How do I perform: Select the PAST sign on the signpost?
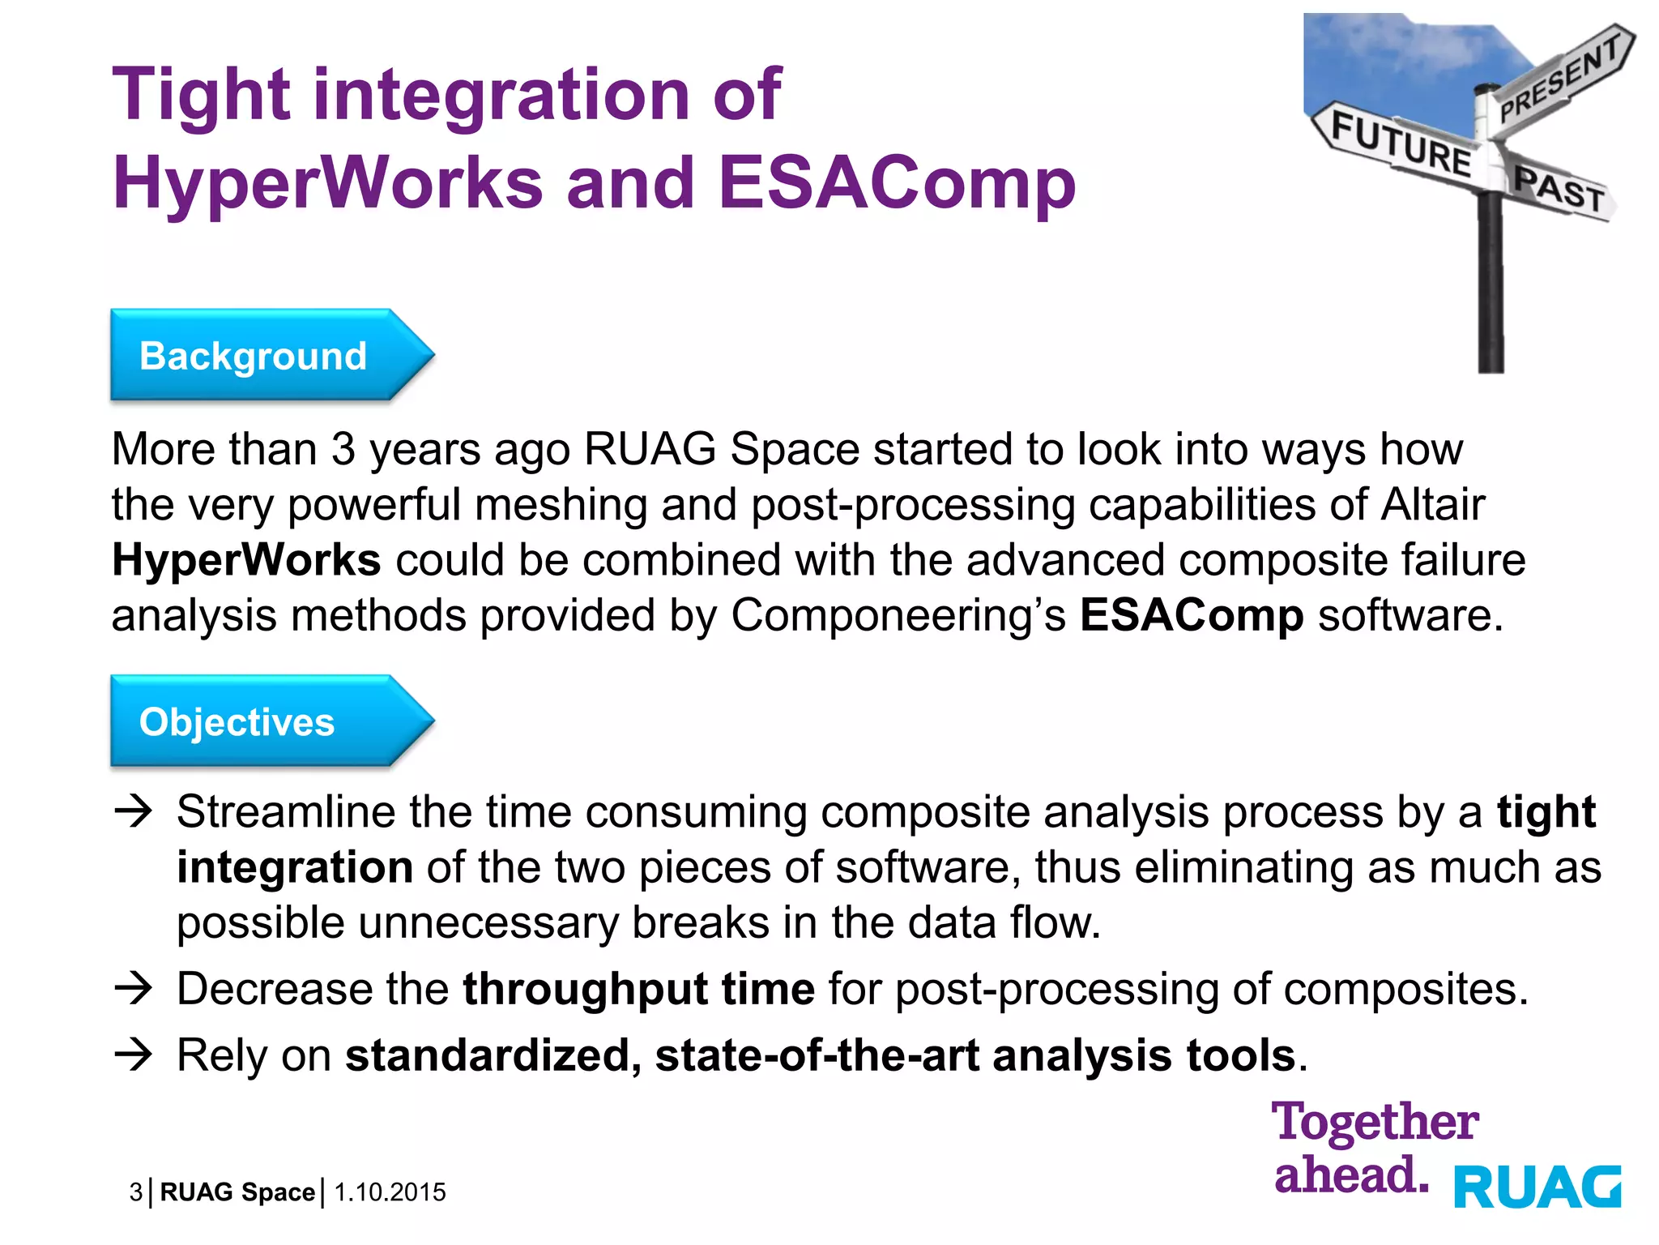coord(1559,188)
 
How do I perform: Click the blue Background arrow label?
coord(255,356)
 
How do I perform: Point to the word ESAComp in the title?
coord(897,183)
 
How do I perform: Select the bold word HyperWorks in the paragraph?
coord(246,560)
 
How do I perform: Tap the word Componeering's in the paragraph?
coord(898,615)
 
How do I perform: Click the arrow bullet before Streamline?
coord(134,811)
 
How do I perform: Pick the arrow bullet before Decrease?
coord(134,988)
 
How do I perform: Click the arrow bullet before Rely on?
coord(134,1055)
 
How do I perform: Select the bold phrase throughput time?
coord(638,989)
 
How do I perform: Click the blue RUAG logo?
coord(1537,1187)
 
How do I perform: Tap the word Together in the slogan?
coord(1375,1123)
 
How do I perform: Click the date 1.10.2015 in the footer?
coord(390,1192)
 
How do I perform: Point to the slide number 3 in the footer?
coord(135,1192)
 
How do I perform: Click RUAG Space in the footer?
coord(237,1192)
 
